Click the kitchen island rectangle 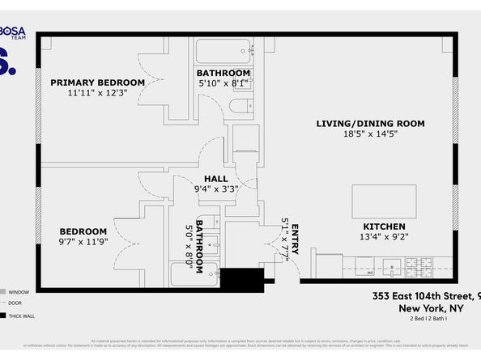click(384, 198)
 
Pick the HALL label click(215, 179)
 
